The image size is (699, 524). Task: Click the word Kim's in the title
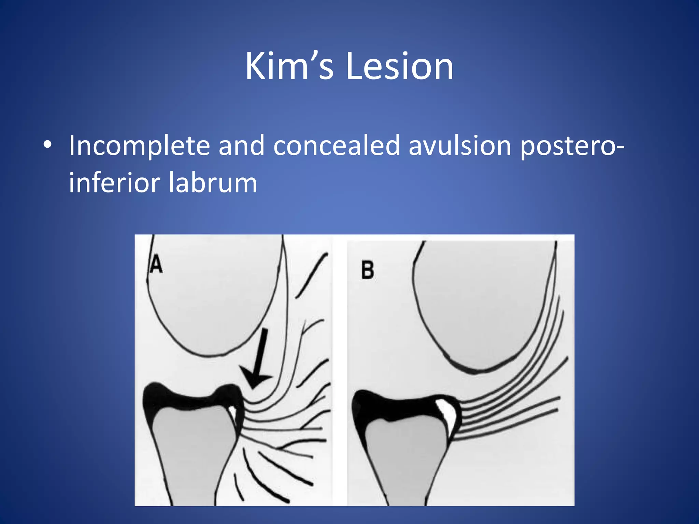click(289, 67)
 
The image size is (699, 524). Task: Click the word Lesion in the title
click(399, 67)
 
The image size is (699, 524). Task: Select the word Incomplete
click(139, 146)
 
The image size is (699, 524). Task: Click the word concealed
click(337, 146)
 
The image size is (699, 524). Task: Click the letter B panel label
click(368, 271)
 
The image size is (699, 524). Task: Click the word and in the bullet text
click(241, 146)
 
